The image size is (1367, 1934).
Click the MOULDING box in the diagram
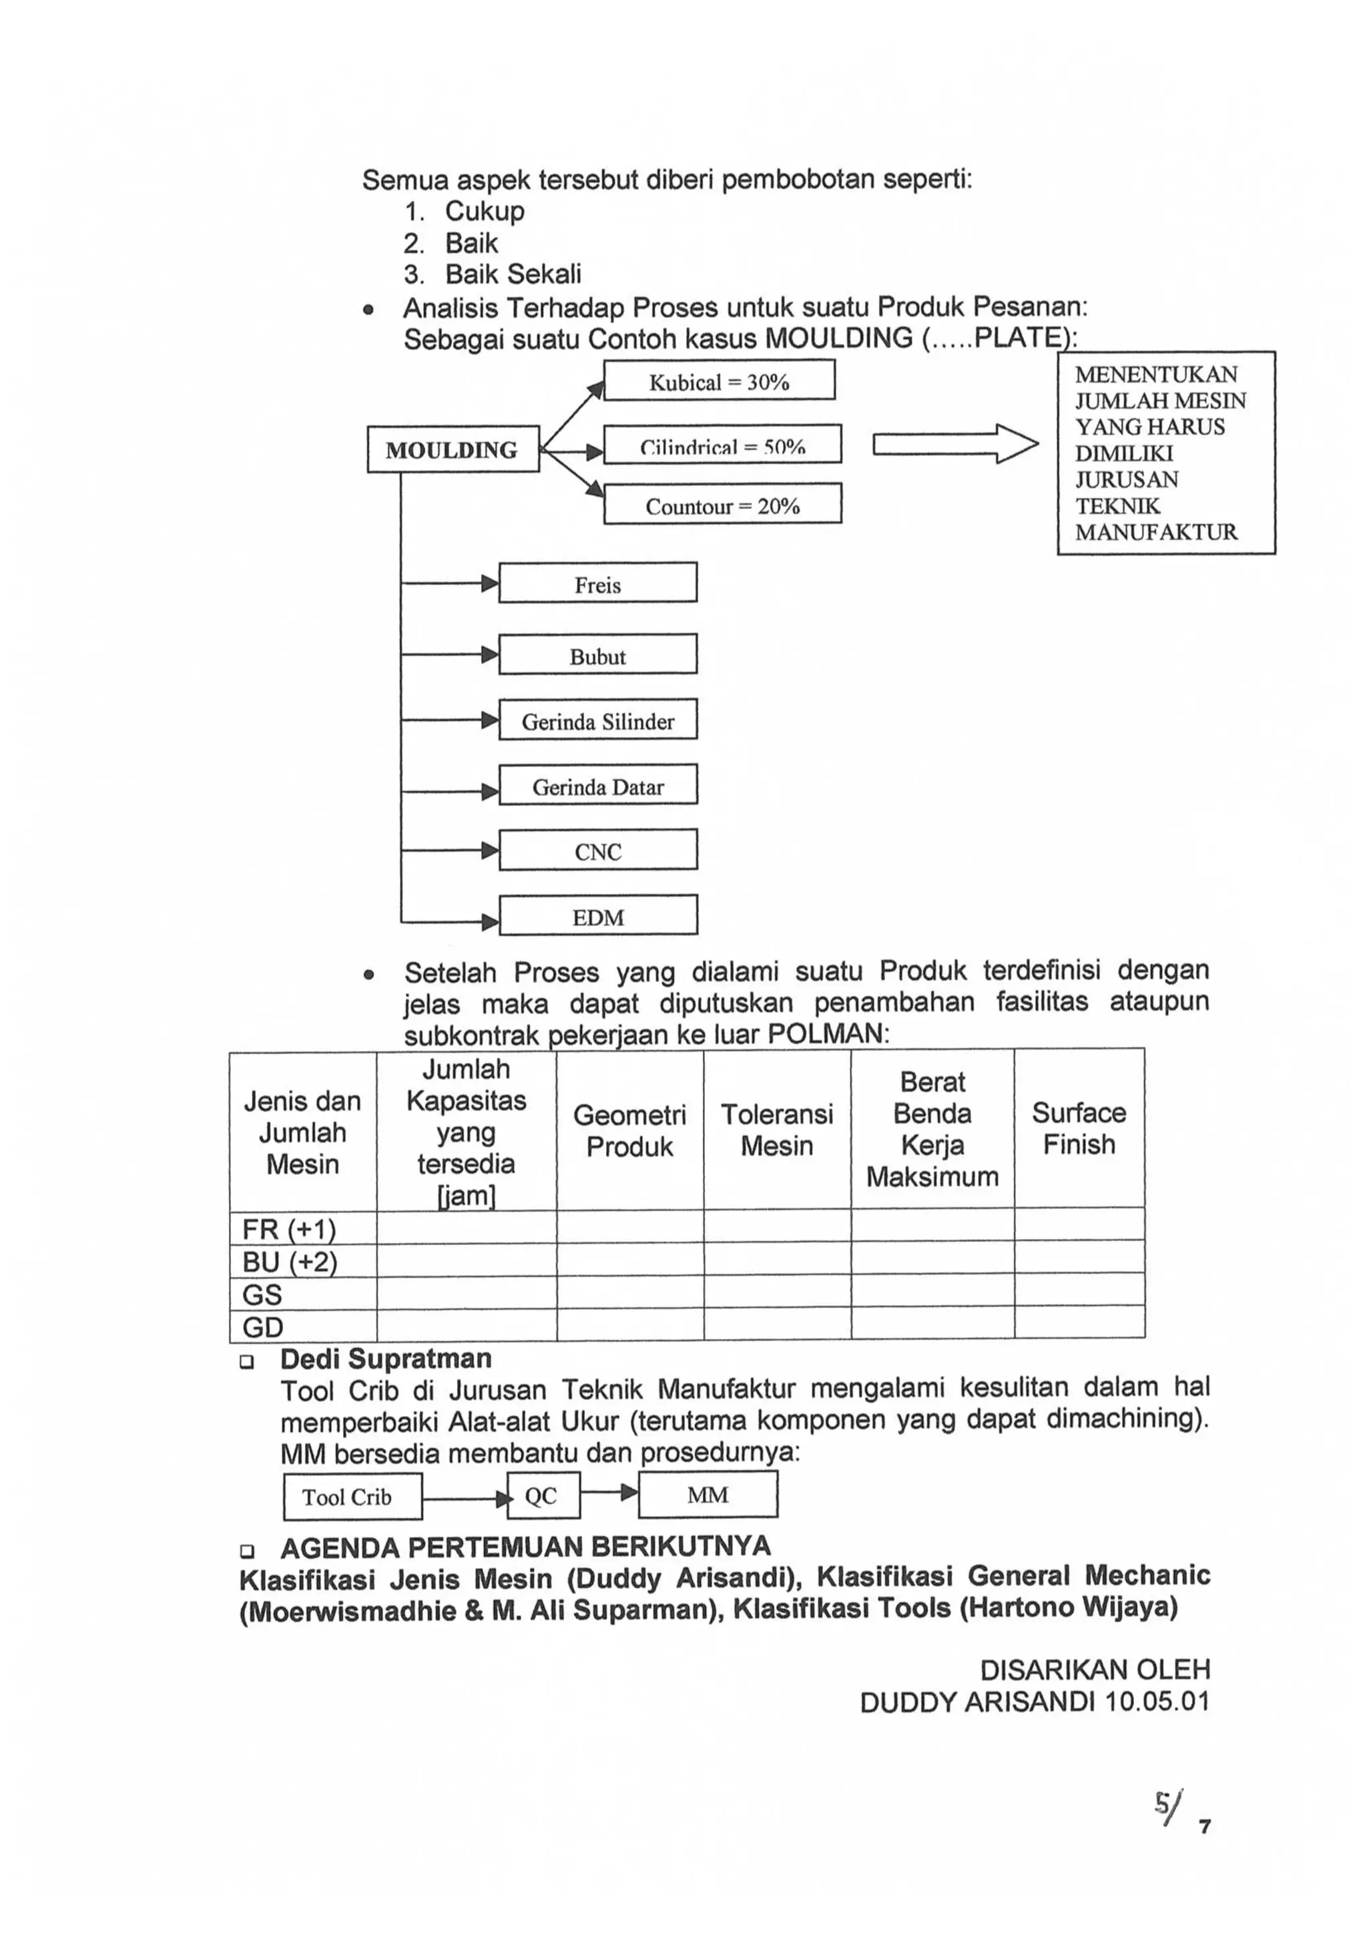pos(453,450)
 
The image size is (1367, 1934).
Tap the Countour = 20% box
pos(722,505)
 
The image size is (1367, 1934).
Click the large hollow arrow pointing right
pos(955,443)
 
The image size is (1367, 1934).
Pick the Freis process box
pos(597,583)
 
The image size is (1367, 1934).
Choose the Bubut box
pos(597,654)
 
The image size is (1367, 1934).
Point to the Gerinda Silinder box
pos(597,720)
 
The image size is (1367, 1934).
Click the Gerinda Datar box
pos(597,785)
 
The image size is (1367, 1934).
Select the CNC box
pos(597,850)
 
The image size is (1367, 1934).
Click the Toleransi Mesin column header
pos(776,1130)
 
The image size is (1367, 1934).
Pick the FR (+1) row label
pos(289,1229)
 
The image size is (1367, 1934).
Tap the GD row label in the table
pos(263,1326)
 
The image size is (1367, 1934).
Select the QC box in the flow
pos(543,1496)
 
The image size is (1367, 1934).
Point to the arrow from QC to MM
pos(609,1493)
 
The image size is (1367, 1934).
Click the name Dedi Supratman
pos(386,1359)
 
